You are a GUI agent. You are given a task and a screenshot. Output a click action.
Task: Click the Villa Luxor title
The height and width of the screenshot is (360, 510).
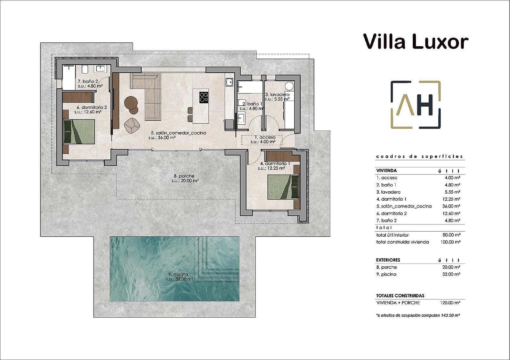pyautogui.click(x=415, y=42)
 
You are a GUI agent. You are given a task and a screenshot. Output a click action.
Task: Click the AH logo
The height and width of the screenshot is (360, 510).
pyautogui.click(x=416, y=105)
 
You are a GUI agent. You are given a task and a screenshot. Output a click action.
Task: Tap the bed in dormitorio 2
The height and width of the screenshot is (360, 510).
pyautogui.click(x=79, y=131)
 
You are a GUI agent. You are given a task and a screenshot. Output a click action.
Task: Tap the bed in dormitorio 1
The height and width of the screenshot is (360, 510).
pyautogui.click(x=283, y=187)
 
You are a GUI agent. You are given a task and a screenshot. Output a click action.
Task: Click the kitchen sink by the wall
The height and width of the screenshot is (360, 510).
pyautogui.click(x=229, y=82)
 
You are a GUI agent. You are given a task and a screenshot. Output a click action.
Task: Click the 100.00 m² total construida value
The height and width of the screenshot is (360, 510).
pyautogui.click(x=450, y=242)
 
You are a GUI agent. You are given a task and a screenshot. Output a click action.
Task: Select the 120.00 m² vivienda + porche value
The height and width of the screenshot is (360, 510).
pyautogui.click(x=450, y=303)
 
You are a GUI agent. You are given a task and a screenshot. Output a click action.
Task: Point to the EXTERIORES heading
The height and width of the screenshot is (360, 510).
pyautogui.click(x=388, y=260)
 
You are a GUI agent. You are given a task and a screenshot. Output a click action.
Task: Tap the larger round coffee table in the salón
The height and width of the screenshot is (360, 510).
pyautogui.click(x=131, y=102)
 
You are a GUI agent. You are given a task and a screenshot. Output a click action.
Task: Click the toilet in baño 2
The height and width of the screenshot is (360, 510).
pyautogui.click(x=85, y=69)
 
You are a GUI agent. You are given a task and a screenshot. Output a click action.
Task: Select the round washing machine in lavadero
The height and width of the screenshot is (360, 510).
pyautogui.click(x=289, y=86)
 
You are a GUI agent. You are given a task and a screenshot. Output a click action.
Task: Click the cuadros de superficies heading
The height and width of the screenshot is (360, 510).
pyautogui.click(x=419, y=156)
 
